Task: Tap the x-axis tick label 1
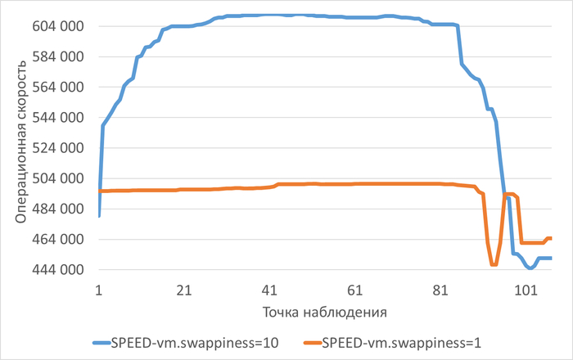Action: (x=98, y=289)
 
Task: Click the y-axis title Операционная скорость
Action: (x=22, y=147)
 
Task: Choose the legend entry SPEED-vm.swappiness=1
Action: (x=398, y=342)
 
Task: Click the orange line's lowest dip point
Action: (x=494, y=264)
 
